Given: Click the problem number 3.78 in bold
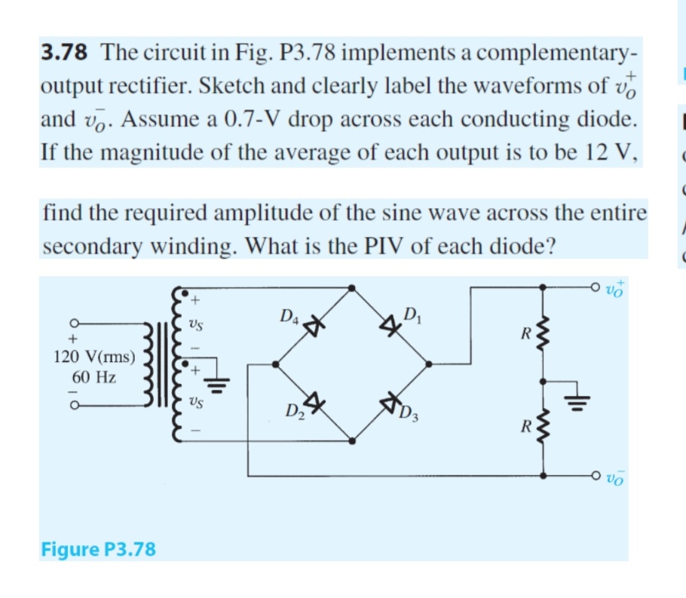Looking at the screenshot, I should click(x=63, y=53).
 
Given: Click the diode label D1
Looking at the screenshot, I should click(x=412, y=315).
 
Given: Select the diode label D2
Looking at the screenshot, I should click(x=294, y=412).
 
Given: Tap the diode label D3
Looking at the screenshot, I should click(x=409, y=413).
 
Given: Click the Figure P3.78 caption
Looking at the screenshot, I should click(x=98, y=548).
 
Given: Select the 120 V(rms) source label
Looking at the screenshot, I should click(x=95, y=354).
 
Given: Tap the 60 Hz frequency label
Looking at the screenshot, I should click(x=94, y=376).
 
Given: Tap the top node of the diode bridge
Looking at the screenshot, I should click(x=353, y=287).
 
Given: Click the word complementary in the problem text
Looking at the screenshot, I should click(x=556, y=53).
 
